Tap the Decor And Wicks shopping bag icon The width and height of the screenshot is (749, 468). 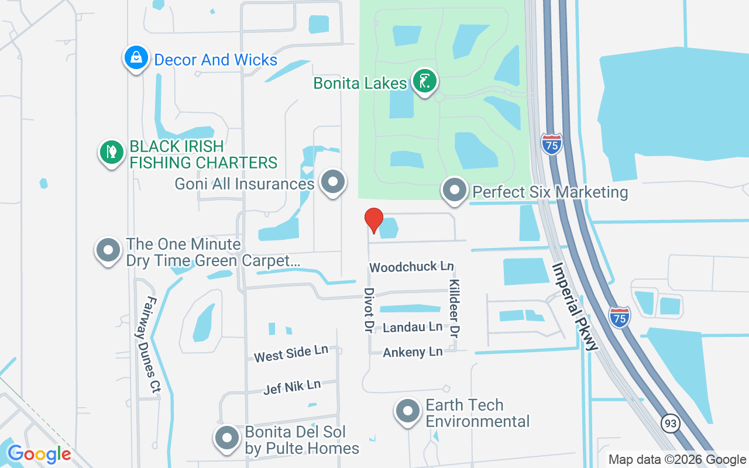136,58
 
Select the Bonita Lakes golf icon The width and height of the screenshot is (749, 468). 424,81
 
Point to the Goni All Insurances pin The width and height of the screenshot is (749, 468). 334,182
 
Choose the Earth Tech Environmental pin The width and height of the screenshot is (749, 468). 408,411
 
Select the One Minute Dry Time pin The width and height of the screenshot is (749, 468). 108,250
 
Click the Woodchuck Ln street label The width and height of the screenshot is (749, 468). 411,267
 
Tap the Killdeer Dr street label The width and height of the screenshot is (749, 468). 454,308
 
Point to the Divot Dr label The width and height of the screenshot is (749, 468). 369,310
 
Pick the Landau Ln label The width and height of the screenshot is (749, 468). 413,327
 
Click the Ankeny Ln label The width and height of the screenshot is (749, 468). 413,352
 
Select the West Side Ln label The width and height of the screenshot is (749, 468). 291,354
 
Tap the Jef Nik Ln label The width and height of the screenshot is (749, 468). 292,386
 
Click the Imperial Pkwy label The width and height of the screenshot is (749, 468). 575,306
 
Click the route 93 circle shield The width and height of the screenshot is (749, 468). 671,422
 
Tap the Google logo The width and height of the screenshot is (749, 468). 39,453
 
